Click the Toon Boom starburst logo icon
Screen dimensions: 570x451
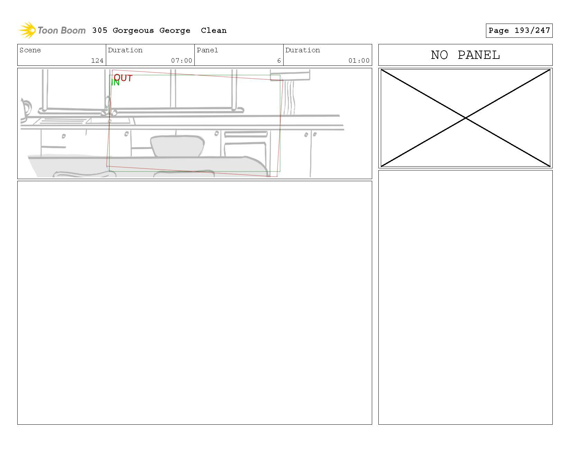pos(27,30)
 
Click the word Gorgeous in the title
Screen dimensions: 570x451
pos(133,30)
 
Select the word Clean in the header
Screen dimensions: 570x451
pos(213,30)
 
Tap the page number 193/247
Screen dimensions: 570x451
pos(532,30)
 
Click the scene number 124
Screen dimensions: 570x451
pos(97,61)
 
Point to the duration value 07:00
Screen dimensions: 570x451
pos(182,61)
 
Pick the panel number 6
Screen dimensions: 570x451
pos(279,61)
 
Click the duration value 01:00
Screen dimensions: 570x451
pos(359,61)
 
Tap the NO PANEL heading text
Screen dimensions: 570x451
pos(465,55)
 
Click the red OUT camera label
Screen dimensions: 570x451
pos(123,78)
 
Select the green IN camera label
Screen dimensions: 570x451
pos(115,82)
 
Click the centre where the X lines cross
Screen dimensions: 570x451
pos(466,118)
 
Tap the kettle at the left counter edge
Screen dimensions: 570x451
pos(25,109)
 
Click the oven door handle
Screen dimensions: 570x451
pos(246,134)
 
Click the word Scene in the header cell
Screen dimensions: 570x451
pos(30,50)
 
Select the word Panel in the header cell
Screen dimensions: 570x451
pos(207,50)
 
